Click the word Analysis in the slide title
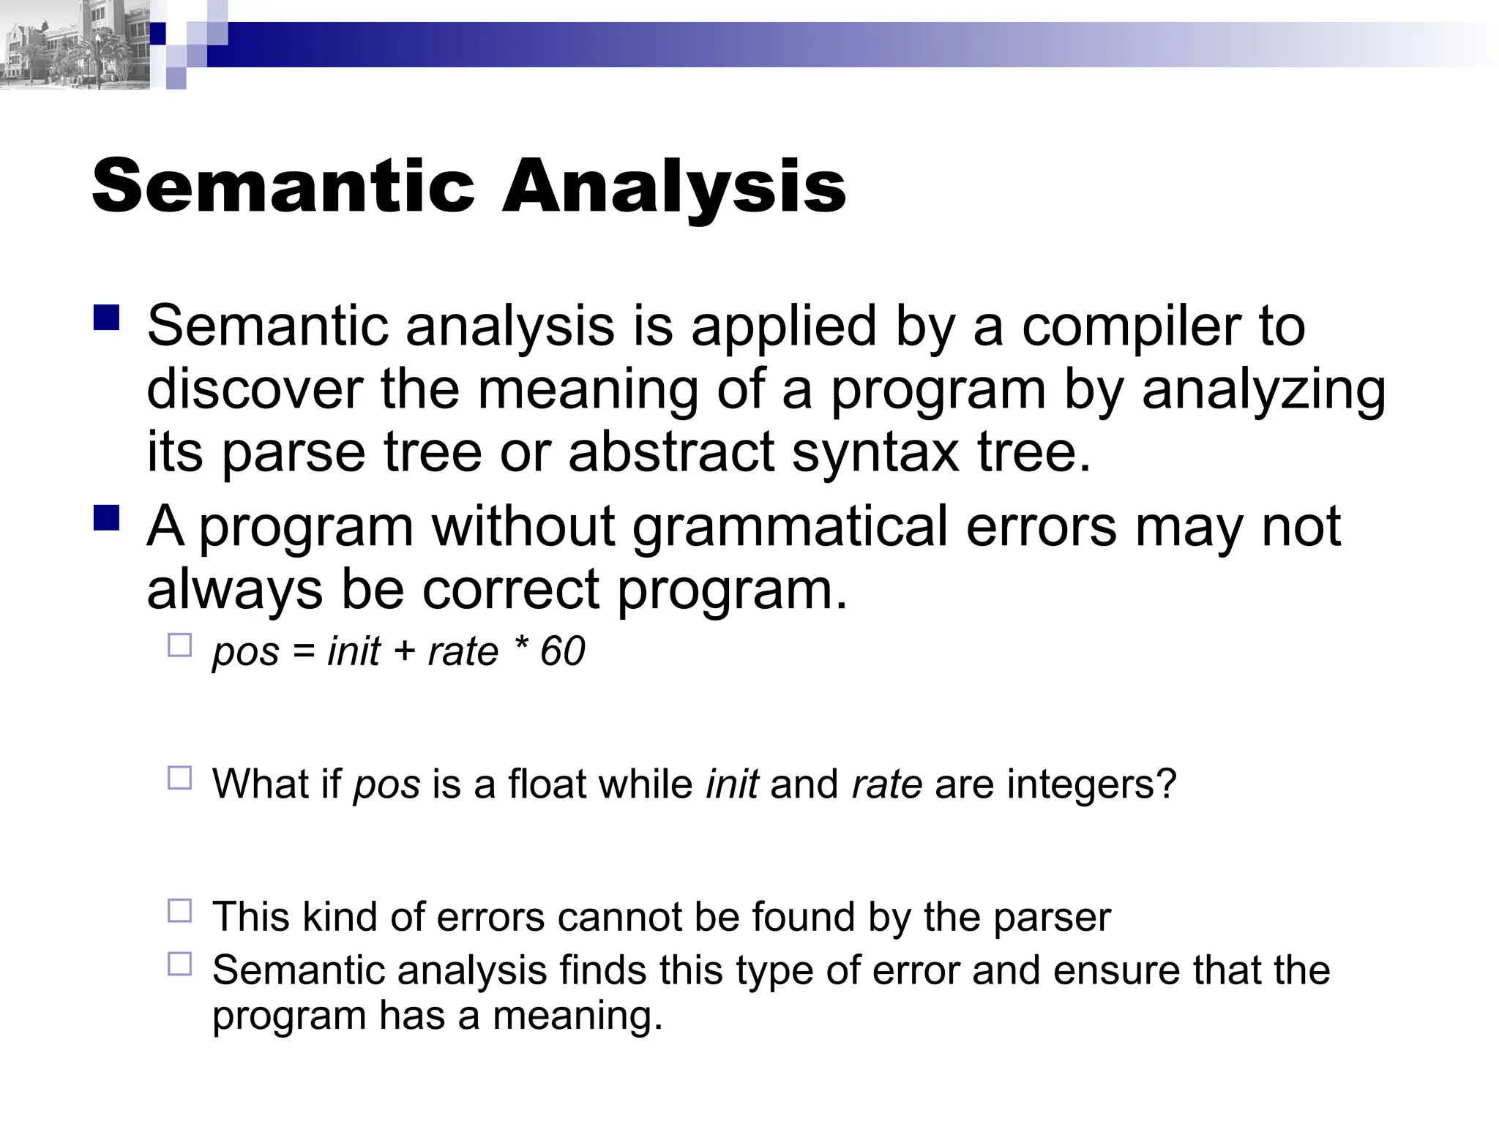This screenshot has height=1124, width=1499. (x=674, y=187)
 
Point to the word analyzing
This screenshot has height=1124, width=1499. (x=1264, y=389)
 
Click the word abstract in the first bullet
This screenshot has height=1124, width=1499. (x=670, y=452)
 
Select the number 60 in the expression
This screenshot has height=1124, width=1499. (x=562, y=651)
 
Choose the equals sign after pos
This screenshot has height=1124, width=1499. (x=303, y=651)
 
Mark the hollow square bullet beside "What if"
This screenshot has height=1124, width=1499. (x=179, y=778)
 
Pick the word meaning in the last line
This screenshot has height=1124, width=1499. (x=577, y=1016)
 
